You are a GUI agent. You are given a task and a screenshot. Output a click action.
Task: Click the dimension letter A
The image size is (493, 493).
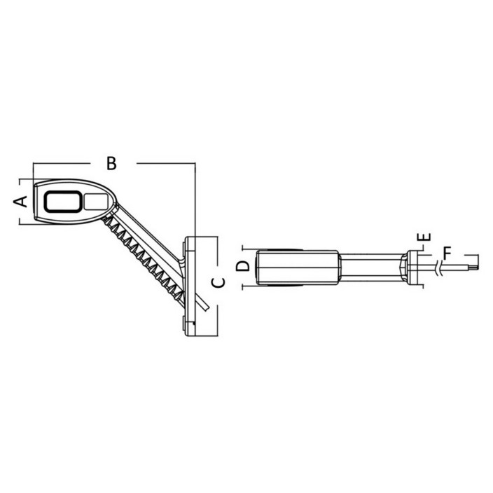[20, 201]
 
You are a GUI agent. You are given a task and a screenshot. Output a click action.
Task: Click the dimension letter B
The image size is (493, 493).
[111, 163]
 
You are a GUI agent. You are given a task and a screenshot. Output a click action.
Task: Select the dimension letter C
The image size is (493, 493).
[218, 283]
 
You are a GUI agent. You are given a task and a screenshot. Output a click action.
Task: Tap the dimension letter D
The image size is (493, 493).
[243, 266]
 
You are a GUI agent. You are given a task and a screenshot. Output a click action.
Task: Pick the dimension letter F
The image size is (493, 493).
[447, 253]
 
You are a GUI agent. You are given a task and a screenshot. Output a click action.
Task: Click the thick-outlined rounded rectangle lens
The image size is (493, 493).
[63, 202]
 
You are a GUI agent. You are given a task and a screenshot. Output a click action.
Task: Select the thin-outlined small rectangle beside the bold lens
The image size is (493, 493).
[96, 201]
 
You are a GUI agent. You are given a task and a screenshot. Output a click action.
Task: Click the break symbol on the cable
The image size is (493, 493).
[439, 268]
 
